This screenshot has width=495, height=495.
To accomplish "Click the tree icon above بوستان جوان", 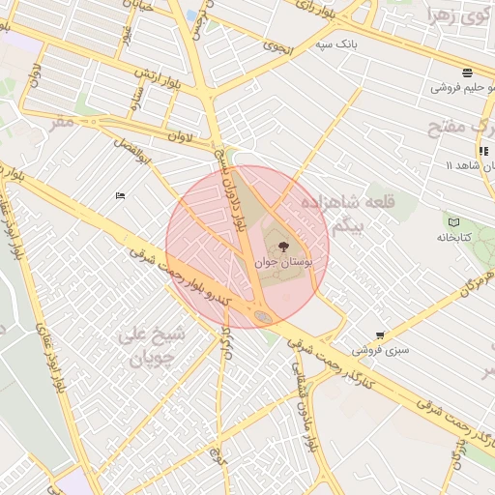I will coord(282,247).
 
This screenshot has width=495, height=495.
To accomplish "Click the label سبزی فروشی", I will coord(380,349).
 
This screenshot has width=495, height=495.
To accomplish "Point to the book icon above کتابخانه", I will coord(453,222).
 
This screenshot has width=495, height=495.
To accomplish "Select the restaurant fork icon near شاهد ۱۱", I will coord(482,151).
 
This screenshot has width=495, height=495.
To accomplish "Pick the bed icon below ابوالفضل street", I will coord(120,196).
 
